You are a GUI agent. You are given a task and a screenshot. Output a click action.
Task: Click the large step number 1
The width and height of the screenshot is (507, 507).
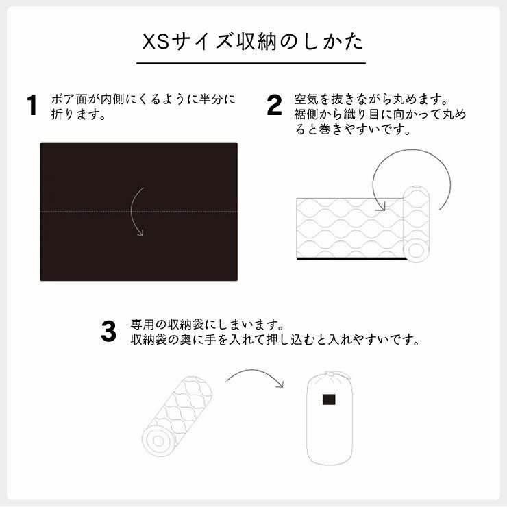click(32, 107)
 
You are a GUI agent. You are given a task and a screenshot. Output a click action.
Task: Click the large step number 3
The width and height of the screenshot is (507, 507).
click(109, 332)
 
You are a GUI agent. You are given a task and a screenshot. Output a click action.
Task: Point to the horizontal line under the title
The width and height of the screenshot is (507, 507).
click(251, 64)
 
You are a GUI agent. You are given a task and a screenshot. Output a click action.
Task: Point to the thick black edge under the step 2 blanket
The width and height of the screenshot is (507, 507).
click(349, 260)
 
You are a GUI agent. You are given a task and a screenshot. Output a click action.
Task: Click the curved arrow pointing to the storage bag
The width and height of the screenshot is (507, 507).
click(254, 376)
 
